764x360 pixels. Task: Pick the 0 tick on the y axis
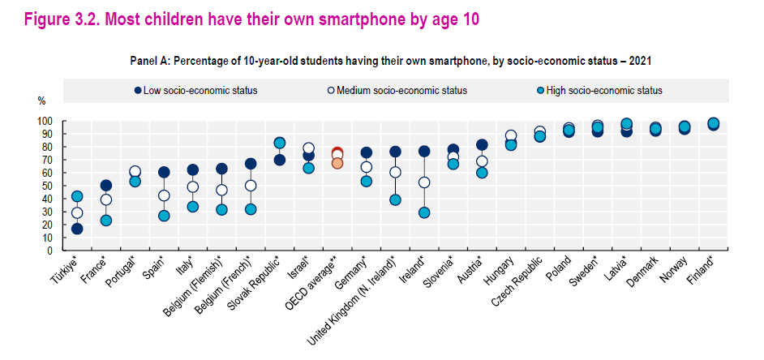click(x=49, y=251)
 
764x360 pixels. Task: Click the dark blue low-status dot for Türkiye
click(x=77, y=229)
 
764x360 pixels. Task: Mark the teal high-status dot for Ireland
click(x=424, y=212)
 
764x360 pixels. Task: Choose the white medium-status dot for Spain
click(x=164, y=195)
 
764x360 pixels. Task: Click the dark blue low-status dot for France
click(x=106, y=186)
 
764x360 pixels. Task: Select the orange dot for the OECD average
click(x=337, y=163)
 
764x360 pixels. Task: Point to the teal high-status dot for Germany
click(x=367, y=181)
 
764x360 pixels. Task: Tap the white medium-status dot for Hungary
click(x=511, y=136)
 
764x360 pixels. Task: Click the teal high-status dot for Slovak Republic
click(x=280, y=143)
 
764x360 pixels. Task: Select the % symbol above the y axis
click(x=42, y=101)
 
